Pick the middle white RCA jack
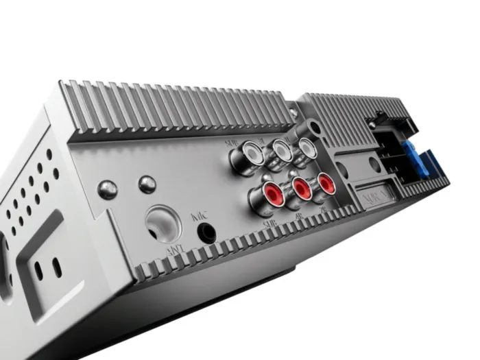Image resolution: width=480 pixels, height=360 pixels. coord(280,148)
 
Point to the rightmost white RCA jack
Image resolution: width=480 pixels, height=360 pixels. coord(306,145)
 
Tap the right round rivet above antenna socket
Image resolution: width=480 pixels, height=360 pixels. coord(146,184)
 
